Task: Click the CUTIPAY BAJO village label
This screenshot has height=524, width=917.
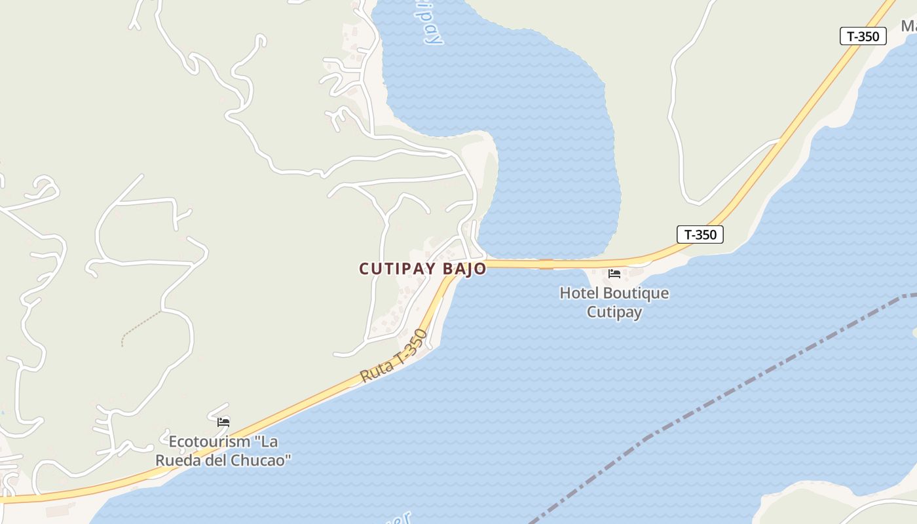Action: pos(422,269)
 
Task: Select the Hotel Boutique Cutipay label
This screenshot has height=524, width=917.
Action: pos(614,302)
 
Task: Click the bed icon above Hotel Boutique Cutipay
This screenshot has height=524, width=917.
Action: pos(614,273)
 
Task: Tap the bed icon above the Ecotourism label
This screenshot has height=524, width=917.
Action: pos(223,422)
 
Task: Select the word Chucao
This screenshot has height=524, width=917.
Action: pos(263,460)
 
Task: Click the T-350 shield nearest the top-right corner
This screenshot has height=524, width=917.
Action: pos(863,36)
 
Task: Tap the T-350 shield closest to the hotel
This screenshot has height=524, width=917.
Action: pos(700,234)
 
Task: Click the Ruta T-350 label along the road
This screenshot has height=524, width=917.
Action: pos(394,357)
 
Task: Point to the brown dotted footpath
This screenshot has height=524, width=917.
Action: pos(141,327)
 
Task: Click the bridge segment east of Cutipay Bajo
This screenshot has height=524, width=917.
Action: pos(546,264)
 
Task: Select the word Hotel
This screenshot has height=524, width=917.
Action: pos(578,293)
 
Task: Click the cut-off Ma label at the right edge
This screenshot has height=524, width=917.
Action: pos(908,26)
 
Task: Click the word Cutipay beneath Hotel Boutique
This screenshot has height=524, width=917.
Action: pos(614,312)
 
